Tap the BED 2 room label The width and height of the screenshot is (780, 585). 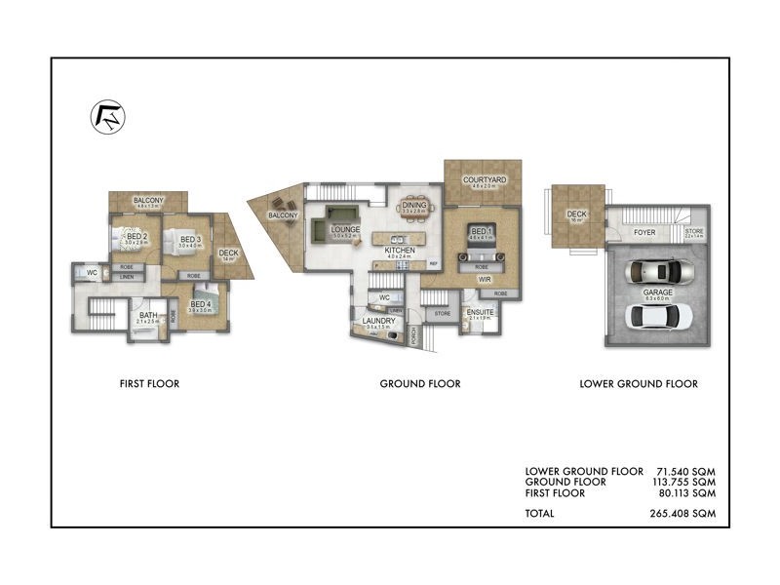136,236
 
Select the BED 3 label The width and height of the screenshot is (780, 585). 190,240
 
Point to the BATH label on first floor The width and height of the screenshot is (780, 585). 148,315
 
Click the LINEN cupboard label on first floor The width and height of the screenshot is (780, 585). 127,278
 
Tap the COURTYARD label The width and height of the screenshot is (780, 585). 483,181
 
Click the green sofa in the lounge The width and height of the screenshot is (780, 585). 338,215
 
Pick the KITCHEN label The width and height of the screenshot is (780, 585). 401,251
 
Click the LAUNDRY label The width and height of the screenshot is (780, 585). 377,321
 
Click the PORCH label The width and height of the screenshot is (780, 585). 415,334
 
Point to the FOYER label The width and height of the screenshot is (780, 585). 644,233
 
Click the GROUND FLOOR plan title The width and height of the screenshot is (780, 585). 420,384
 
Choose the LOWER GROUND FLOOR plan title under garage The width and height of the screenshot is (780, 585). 639,384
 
